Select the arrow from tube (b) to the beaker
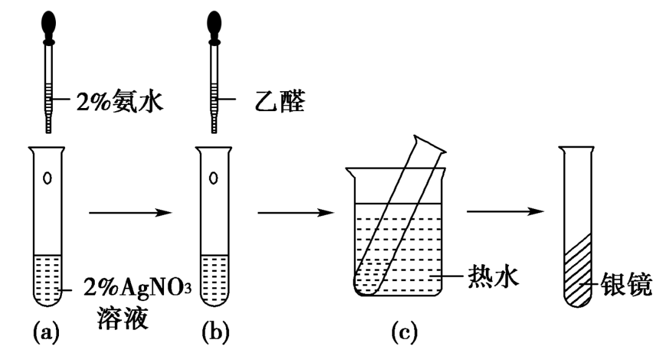(x=296, y=212)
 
